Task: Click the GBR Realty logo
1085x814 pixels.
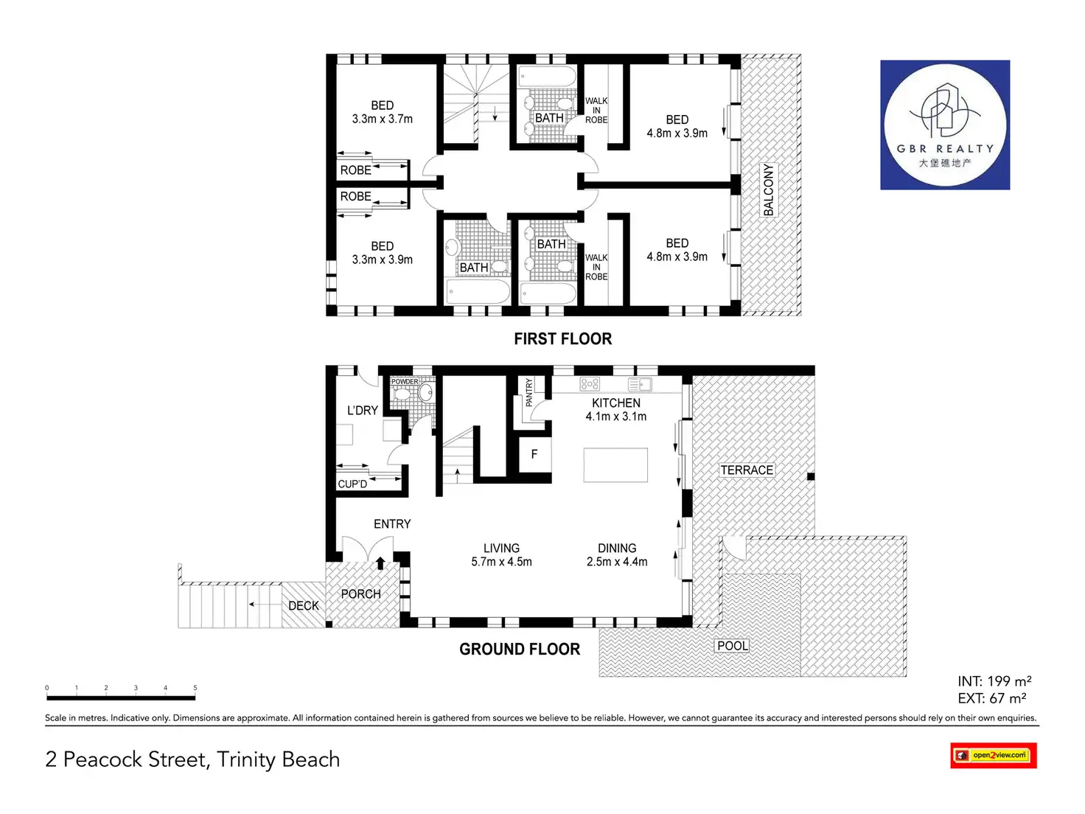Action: (x=945, y=125)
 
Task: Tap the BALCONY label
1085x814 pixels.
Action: (x=769, y=189)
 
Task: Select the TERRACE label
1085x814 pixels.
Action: (x=747, y=470)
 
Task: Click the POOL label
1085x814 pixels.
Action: (x=732, y=646)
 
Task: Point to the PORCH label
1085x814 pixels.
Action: (x=360, y=594)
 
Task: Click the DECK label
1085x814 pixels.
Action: (x=304, y=605)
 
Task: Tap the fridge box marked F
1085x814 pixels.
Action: (x=534, y=454)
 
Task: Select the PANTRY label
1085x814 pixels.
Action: (x=528, y=393)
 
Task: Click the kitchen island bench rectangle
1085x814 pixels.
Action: (x=615, y=465)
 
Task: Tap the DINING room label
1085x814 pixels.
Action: (x=617, y=549)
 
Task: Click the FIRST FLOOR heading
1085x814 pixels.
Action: (x=562, y=339)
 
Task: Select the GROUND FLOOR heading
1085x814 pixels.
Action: (x=520, y=650)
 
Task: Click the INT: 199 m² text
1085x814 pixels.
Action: (x=994, y=681)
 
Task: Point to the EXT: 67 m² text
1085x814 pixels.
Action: (x=992, y=698)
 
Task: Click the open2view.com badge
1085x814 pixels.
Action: (x=994, y=755)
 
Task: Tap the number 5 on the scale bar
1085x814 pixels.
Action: (x=195, y=688)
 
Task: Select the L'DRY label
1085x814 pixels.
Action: (x=363, y=411)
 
